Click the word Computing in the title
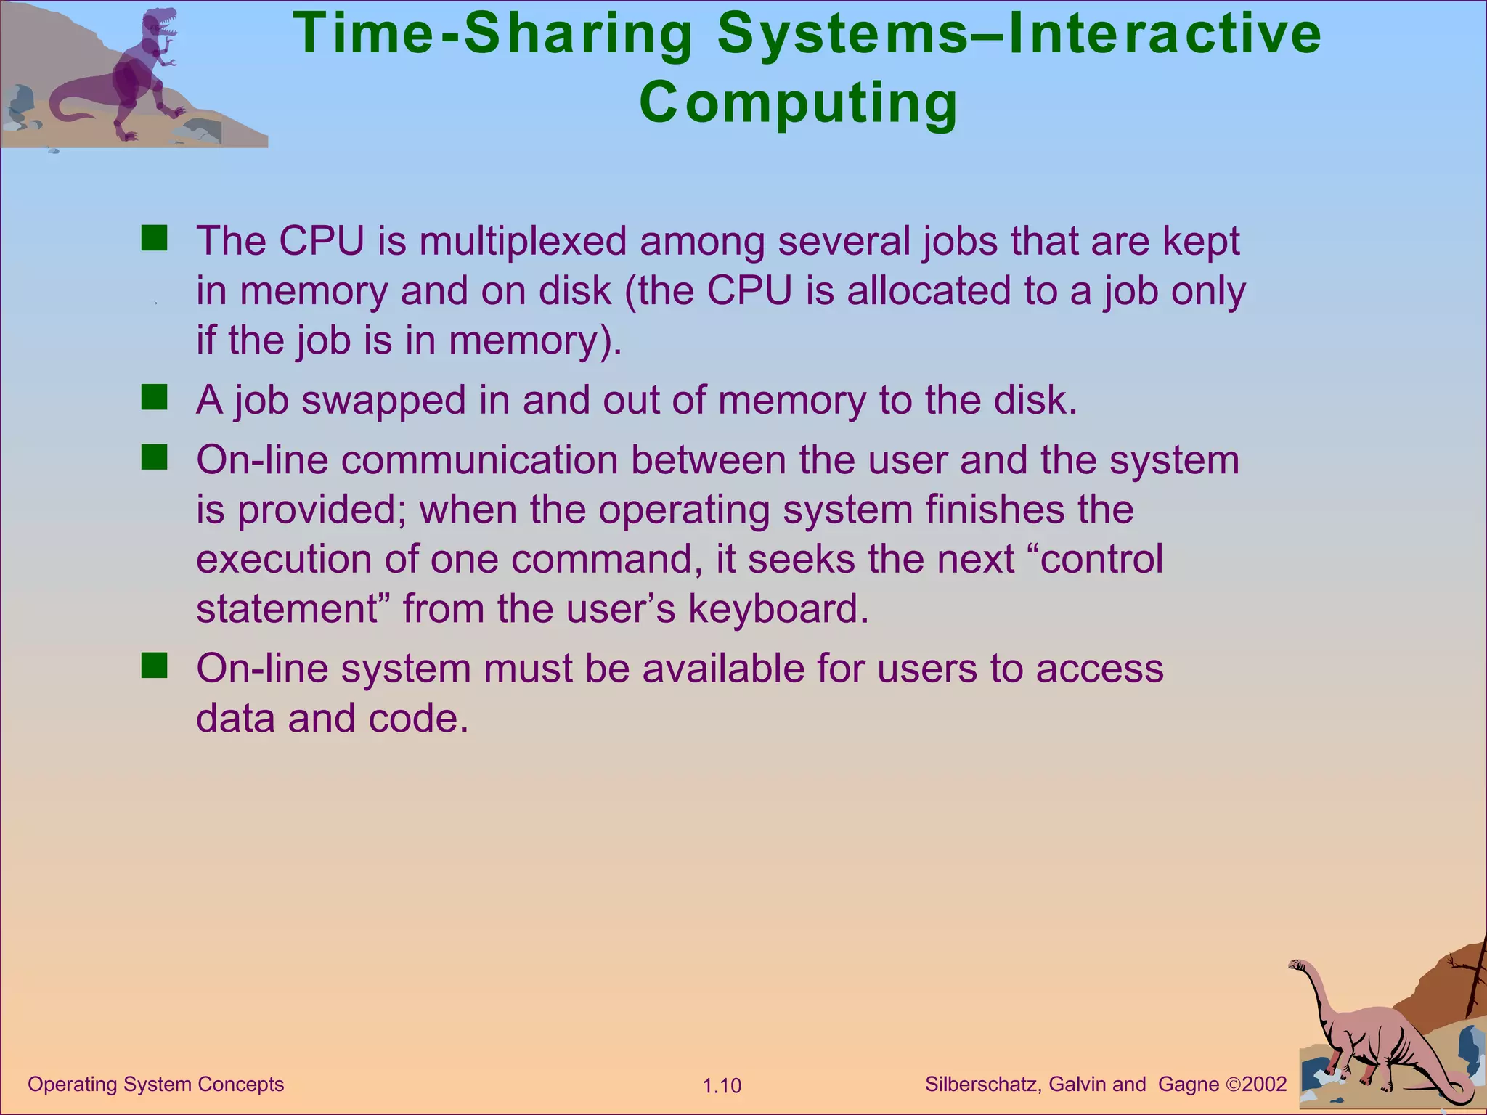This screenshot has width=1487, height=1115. (799, 103)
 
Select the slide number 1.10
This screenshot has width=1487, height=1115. (722, 1086)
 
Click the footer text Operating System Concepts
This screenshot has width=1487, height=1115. (155, 1085)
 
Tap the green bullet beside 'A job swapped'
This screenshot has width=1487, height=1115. (154, 398)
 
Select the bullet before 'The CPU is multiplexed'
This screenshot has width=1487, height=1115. (154, 238)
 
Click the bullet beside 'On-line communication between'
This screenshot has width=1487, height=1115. (154, 458)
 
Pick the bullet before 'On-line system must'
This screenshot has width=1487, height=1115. (154, 666)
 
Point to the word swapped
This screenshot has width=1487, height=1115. (383, 401)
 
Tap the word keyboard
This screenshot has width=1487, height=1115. (778, 609)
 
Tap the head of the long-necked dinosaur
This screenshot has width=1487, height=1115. (1298, 965)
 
